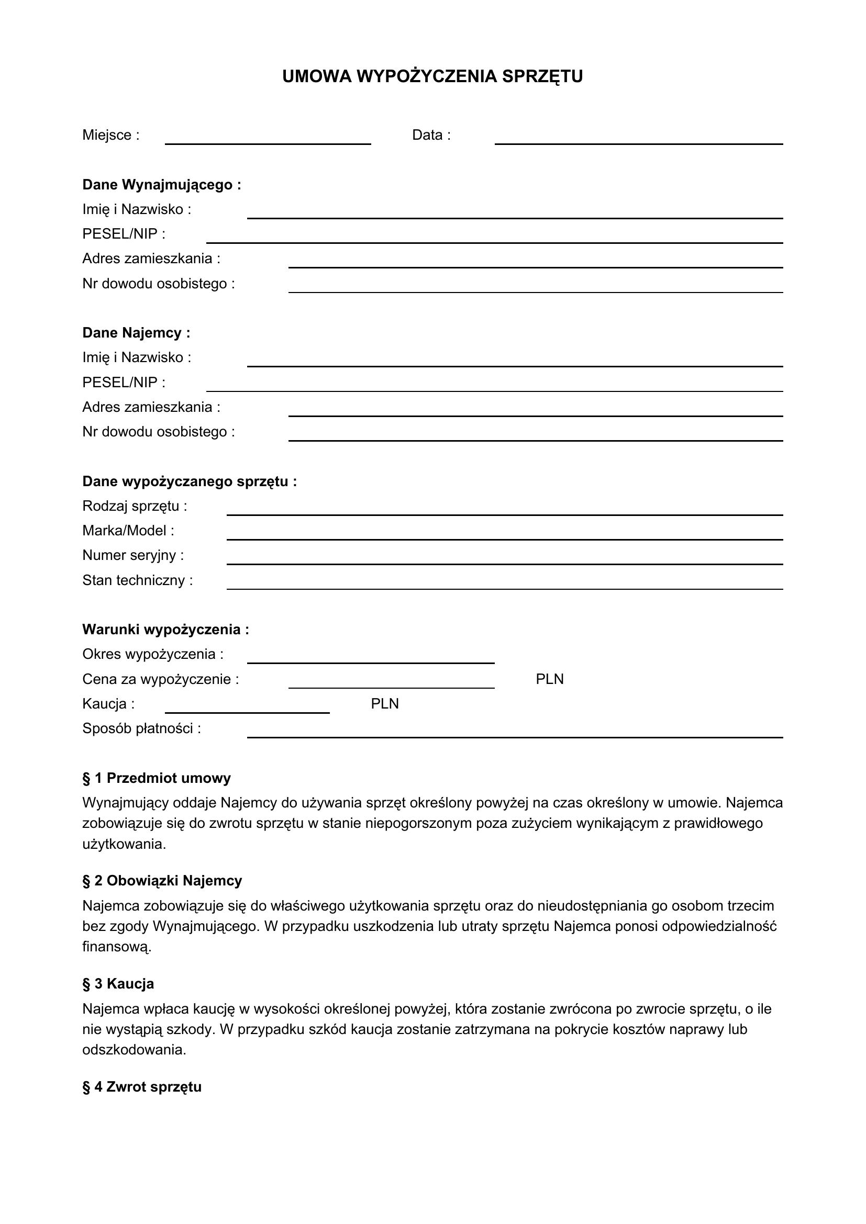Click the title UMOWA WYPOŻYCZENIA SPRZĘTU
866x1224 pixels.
click(x=432, y=77)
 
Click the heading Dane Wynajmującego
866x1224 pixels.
click(x=162, y=185)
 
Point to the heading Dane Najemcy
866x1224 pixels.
click(x=136, y=333)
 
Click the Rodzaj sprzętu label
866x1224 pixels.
click(x=135, y=506)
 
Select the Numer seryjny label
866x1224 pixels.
click(x=133, y=556)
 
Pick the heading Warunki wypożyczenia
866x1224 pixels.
click(x=165, y=630)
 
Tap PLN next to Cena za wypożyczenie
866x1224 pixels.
click(x=549, y=679)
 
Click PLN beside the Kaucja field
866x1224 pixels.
click(x=384, y=704)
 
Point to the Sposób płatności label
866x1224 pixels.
click(x=141, y=728)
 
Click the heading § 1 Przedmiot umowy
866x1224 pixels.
click(x=156, y=778)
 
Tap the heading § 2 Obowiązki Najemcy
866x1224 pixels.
click(x=162, y=881)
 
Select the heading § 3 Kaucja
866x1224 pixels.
click(x=118, y=984)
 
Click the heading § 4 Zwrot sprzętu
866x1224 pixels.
click(x=142, y=1087)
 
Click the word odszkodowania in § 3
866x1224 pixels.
click(x=134, y=1050)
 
